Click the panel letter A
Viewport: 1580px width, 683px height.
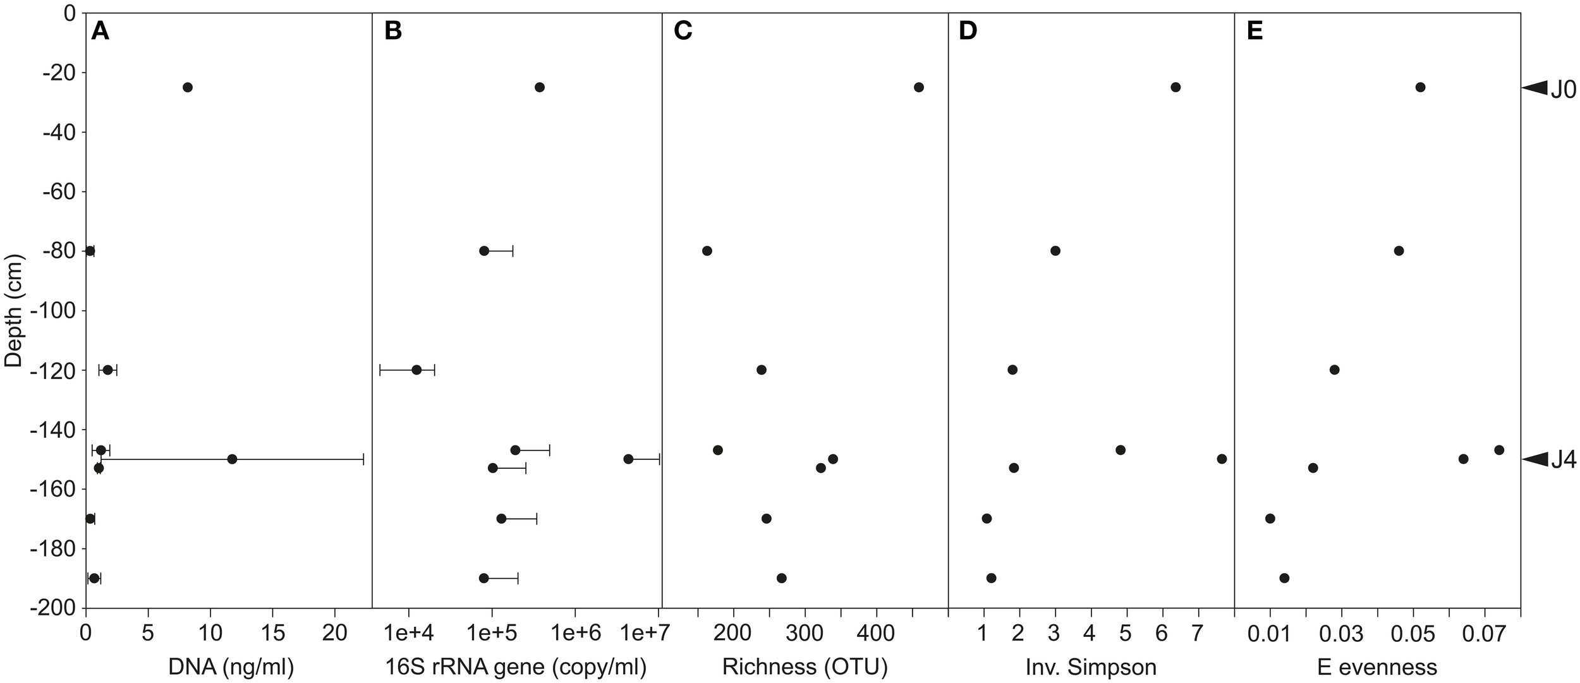coord(100,32)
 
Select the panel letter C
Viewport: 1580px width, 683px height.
coord(683,32)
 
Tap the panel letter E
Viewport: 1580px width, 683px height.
coord(1255,32)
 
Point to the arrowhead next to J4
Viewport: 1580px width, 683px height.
coord(1535,459)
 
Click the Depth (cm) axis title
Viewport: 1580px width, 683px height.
coord(13,310)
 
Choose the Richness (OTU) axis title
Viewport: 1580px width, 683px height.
coord(805,667)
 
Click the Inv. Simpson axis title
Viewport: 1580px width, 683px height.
coord(1091,667)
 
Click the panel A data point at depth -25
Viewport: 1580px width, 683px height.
coord(187,87)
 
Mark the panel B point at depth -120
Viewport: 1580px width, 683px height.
coord(416,370)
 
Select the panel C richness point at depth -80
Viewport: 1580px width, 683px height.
coord(707,251)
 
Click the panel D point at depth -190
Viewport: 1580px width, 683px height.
coord(991,578)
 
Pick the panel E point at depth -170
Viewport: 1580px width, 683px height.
coord(1270,519)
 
